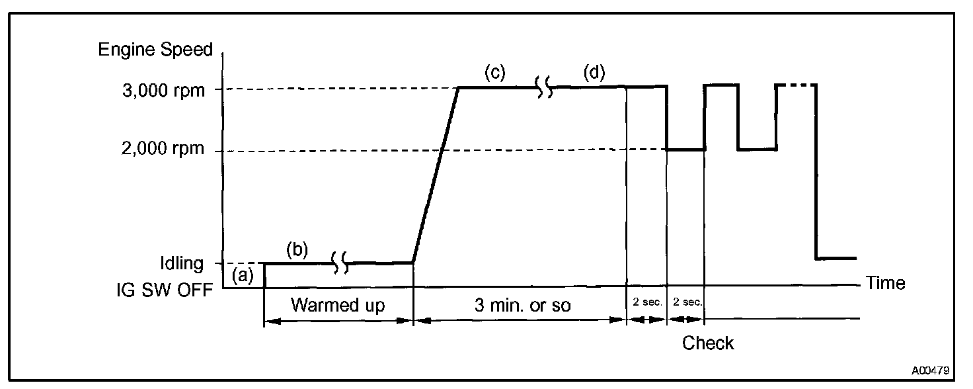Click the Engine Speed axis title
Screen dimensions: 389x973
pyautogui.click(x=155, y=50)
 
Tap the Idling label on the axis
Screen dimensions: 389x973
pyautogui.click(x=182, y=263)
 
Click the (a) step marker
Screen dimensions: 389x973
pyautogui.click(x=243, y=277)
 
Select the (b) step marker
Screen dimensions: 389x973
pyautogui.click(x=297, y=250)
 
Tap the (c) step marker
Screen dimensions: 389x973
pyautogui.click(x=494, y=72)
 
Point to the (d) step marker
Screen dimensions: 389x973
pyautogui.click(x=594, y=72)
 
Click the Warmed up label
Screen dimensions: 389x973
pyautogui.click(x=338, y=306)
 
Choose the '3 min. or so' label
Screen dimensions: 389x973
pyautogui.click(x=522, y=306)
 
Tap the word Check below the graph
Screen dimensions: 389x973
pyautogui.click(x=708, y=343)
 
